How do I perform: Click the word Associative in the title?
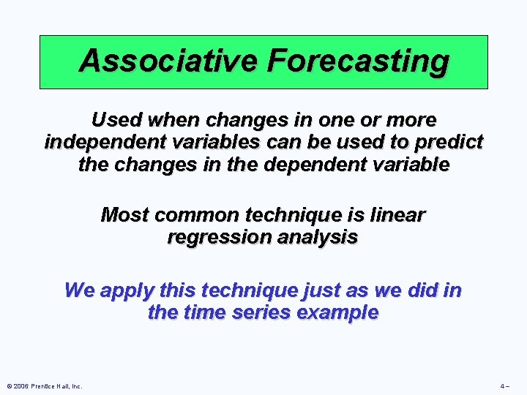pos(169,61)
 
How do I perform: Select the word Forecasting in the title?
pos(357,61)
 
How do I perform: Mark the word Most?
pos(123,215)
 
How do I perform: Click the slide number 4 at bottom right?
pos(504,386)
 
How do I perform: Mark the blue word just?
pos(299,290)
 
